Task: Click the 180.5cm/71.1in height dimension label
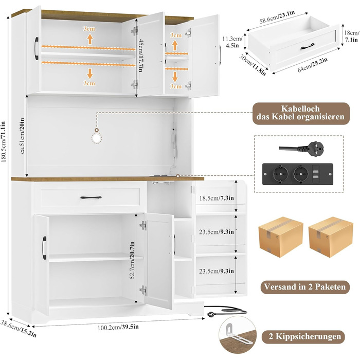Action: pyautogui.click(x=4, y=142)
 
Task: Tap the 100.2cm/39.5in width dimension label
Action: pyautogui.click(x=118, y=327)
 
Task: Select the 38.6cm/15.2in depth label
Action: pyautogui.click(x=18, y=329)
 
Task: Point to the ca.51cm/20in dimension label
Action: pyautogui.click(x=22, y=136)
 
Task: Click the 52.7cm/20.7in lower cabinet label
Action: pyautogui.click(x=132, y=260)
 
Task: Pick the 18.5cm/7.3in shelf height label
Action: pyautogui.click(x=217, y=198)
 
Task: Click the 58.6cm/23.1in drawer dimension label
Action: pyautogui.click(x=277, y=17)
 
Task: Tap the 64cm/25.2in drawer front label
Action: pyautogui.click(x=313, y=65)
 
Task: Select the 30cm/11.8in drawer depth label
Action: pyautogui.click(x=253, y=65)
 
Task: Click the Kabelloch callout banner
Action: pyautogui.click(x=301, y=114)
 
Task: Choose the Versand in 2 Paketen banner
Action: pyautogui.click(x=304, y=287)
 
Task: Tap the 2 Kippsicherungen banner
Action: pyautogui.click(x=303, y=337)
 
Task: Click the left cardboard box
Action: pyautogui.click(x=281, y=237)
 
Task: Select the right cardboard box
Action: pyautogui.click(x=331, y=237)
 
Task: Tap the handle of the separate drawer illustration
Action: pyautogui.click(x=308, y=46)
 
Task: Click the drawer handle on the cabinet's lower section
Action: pyautogui.click(x=91, y=197)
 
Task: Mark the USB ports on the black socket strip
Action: pyautogui.click(x=315, y=174)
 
